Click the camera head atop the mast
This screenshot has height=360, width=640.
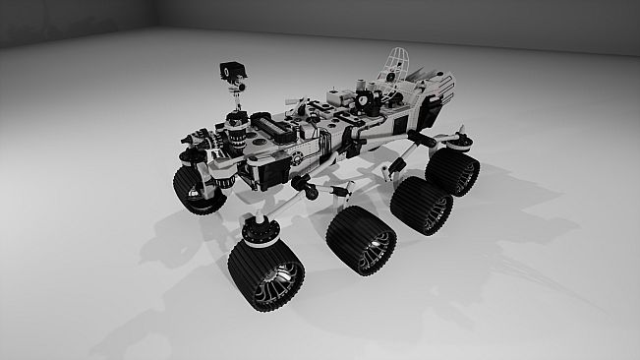tap(228, 71)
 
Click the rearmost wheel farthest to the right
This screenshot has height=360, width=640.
tap(455, 171)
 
